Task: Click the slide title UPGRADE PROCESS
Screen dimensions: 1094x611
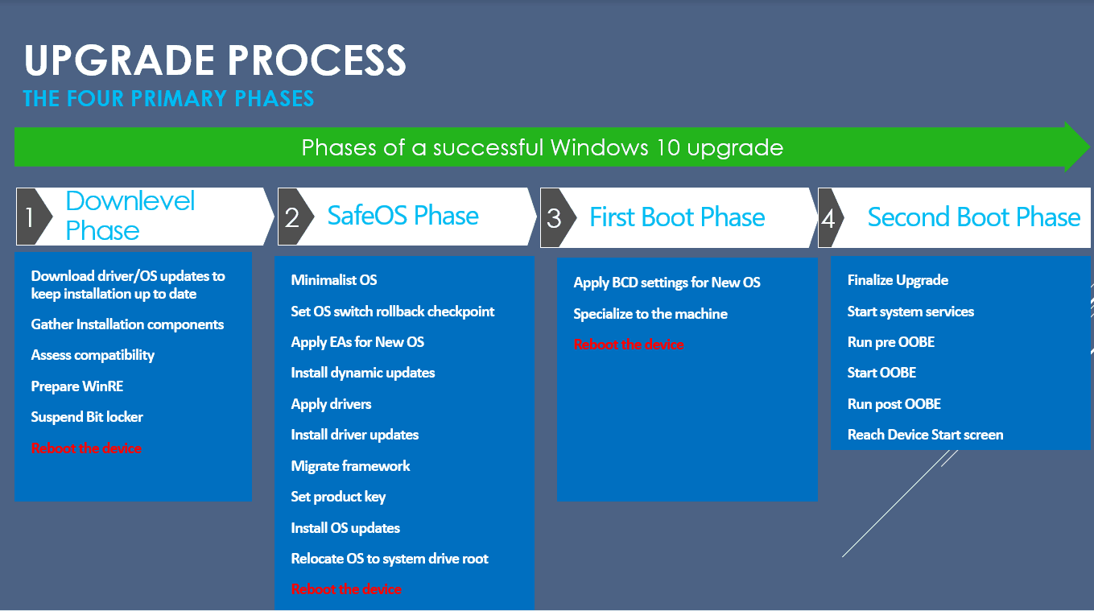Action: tap(215, 60)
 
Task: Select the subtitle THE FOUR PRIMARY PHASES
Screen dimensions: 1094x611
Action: tap(168, 99)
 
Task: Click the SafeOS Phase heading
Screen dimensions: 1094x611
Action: tap(403, 216)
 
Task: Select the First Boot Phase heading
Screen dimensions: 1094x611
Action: tap(677, 217)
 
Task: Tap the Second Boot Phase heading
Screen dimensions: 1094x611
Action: tap(974, 217)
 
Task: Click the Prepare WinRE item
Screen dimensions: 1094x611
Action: tap(77, 386)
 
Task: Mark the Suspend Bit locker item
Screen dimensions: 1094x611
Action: tap(87, 417)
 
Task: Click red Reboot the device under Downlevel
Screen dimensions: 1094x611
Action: tap(86, 448)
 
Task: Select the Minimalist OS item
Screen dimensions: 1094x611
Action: tap(334, 280)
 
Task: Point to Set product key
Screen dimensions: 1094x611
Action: tap(338, 497)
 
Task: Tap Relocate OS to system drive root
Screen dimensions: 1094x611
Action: tap(390, 558)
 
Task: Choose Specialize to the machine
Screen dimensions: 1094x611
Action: tap(650, 314)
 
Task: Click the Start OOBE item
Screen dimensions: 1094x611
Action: tap(881, 373)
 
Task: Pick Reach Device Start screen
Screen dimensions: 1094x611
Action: tap(926, 435)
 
